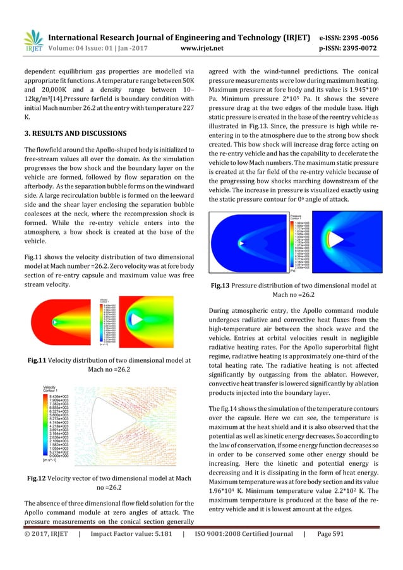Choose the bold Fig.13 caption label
(225, 287)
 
